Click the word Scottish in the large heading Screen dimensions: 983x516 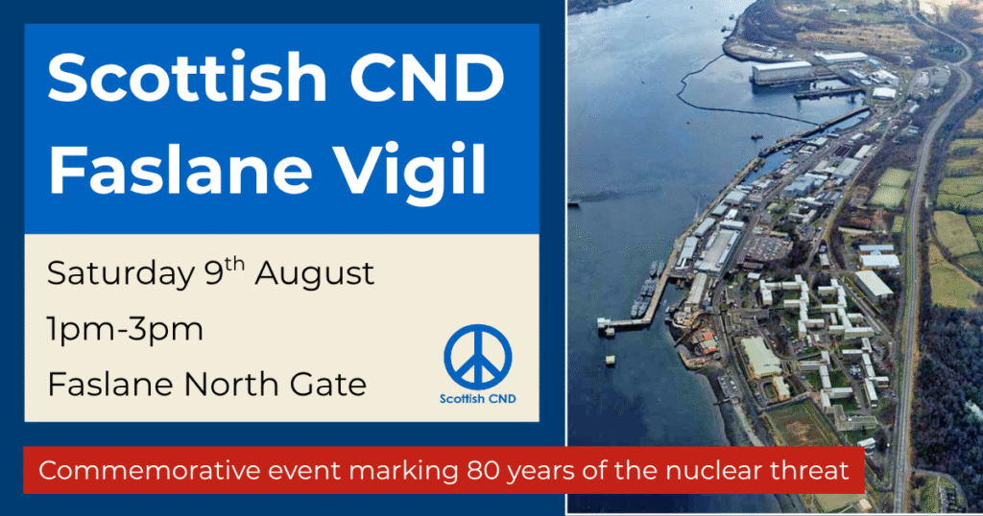click(x=187, y=78)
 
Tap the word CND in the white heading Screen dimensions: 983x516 click(x=427, y=78)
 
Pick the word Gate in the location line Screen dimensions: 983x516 click(x=328, y=384)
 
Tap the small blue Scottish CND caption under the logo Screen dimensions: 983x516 click(x=478, y=399)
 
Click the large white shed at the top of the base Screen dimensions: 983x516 click(x=781, y=71)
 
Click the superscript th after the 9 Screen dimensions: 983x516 click(x=234, y=265)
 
